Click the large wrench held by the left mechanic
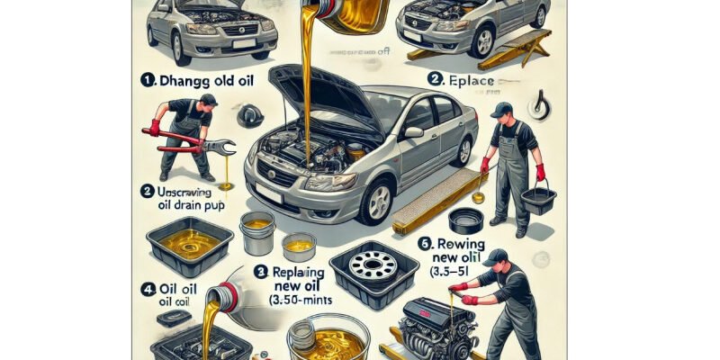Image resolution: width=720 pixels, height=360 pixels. point(193,141)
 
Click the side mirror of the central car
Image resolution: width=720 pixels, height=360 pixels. point(414,132)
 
